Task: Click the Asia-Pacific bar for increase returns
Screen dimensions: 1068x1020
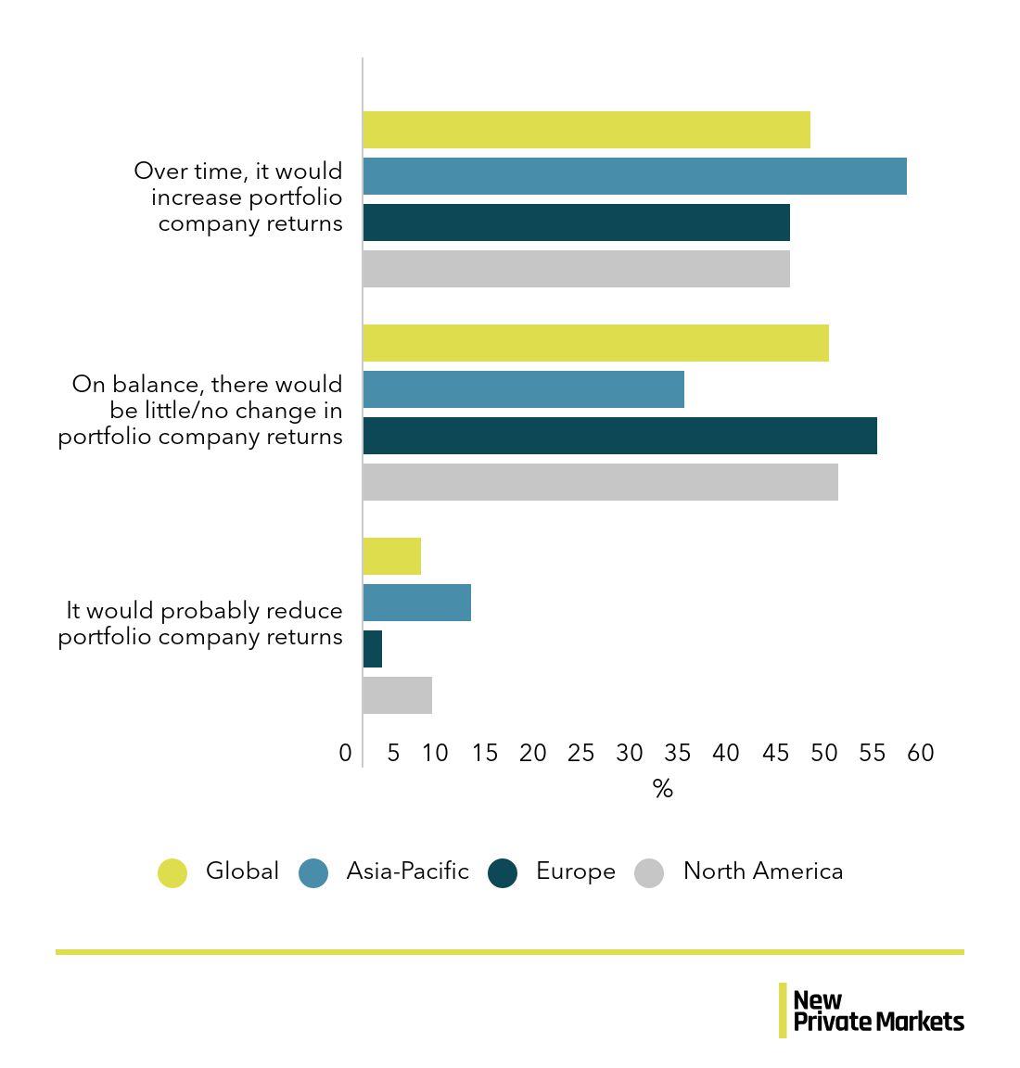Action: (634, 176)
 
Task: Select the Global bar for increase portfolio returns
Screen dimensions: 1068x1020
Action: (586, 130)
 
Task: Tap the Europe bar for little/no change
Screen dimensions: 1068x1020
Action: (619, 436)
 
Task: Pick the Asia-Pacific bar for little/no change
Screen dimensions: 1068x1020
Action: (523, 389)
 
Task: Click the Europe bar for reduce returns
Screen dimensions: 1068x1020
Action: (373, 649)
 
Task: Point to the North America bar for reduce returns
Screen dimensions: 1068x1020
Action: (397, 695)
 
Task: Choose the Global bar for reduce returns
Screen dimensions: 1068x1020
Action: (391, 556)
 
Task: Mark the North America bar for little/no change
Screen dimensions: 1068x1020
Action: (600, 482)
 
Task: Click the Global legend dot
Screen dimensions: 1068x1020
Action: (172, 872)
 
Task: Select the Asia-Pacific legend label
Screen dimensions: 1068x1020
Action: (407, 871)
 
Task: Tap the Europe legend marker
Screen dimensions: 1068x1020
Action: (503, 872)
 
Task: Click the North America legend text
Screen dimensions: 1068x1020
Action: (762, 871)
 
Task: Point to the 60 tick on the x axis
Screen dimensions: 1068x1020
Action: (921, 753)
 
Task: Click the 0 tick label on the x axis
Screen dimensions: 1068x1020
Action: (346, 753)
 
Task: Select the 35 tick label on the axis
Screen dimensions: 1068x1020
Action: (678, 753)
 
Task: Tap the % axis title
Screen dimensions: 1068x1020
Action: (662, 789)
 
